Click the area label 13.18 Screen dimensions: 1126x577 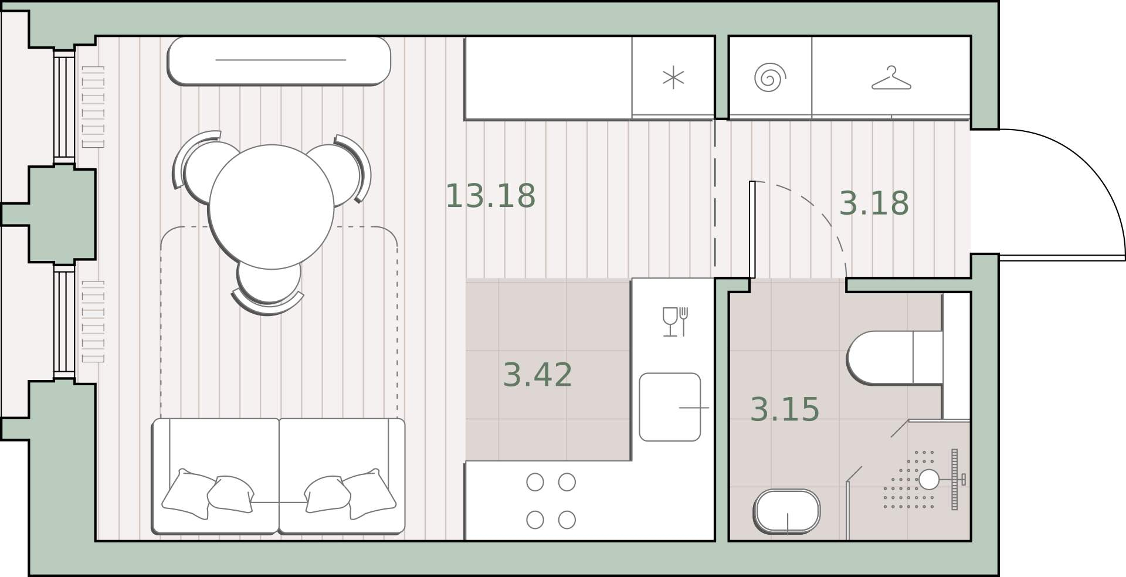click(x=490, y=196)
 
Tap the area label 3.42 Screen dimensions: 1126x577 click(x=538, y=375)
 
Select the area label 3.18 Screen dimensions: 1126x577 click(x=874, y=203)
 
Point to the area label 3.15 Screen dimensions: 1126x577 click(x=785, y=409)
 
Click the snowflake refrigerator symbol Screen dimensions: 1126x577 click(x=673, y=78)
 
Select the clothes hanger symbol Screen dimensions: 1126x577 click(x=891, y=78)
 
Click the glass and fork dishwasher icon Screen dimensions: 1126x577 click(x=675, y=321)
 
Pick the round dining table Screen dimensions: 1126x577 click(x=271, y=206)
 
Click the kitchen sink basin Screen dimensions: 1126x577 click(x=670, y=407)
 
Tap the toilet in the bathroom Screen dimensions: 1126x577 click(x=895, y=358)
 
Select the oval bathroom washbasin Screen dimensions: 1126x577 click(x=786, y=511)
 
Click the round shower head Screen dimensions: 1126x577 click(x=928, y=480)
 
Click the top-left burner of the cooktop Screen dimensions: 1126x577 click(x=535, y=482)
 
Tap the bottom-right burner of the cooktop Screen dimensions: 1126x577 click(x=567, y=520)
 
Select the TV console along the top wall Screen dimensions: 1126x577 click(x=279, y=60)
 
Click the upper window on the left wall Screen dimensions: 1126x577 click(x=65, y=107)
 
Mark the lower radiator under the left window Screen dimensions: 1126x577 click(x=93, y=321)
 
